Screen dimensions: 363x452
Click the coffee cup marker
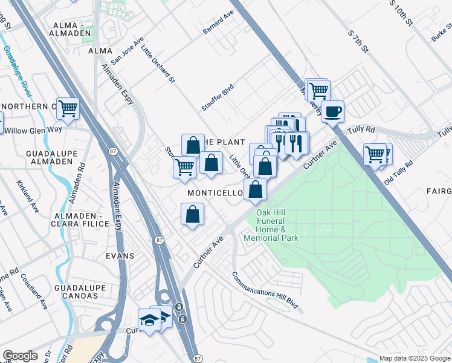(332, 111)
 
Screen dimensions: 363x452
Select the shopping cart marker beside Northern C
(68, 109)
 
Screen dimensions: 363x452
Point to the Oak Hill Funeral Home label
(271, 225)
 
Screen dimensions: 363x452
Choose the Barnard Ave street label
(218, 38)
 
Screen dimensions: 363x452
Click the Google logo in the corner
(20, 356)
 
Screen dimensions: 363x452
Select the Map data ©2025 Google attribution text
(415, 358)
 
